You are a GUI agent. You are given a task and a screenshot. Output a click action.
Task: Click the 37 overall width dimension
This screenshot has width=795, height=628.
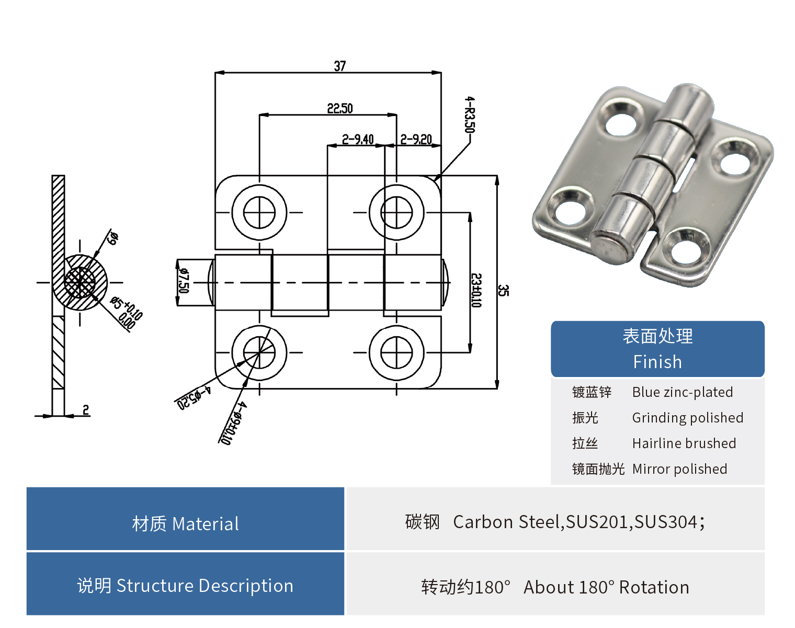[x=340, y=66]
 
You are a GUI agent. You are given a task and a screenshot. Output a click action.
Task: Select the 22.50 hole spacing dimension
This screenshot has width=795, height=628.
[x=340, y=108]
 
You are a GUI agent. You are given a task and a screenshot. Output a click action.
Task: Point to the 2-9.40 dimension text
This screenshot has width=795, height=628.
[x=358, y=139]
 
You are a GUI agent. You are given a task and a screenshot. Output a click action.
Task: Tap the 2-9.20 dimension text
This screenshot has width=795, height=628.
[x=416, y=139]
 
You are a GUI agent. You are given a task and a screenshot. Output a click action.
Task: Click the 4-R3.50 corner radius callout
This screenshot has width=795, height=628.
[x=470, y=114]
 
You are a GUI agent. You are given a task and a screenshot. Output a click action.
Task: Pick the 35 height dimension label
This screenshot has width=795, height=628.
[x=503, y=290]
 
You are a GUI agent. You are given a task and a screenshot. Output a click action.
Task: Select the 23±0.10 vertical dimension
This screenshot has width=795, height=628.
[x=476, y=290]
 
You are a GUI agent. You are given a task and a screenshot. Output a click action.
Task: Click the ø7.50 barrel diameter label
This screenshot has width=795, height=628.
[x=184, y=281]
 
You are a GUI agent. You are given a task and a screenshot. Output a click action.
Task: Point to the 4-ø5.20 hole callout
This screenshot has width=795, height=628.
[x=194, y=398]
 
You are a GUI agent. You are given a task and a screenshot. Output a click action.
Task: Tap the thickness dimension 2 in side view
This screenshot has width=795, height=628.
[x=86, y=409]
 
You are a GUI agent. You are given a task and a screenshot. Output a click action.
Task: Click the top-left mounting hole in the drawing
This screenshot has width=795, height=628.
[x=259, y=212]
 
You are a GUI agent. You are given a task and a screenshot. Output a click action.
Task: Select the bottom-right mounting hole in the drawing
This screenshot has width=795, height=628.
[x=396, y=352]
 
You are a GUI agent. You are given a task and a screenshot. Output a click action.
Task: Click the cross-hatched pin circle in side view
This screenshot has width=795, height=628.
[x=80, y=283]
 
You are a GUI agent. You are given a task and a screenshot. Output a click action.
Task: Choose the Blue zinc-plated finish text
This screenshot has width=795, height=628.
[x=682, y=392]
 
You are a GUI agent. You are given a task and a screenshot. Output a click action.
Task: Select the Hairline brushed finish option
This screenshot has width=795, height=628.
[x=684, y=443]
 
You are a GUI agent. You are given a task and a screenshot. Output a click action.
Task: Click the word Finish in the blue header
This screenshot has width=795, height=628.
[x=657, y=362]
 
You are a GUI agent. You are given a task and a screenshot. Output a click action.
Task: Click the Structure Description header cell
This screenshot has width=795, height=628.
[x=185, y=586]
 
